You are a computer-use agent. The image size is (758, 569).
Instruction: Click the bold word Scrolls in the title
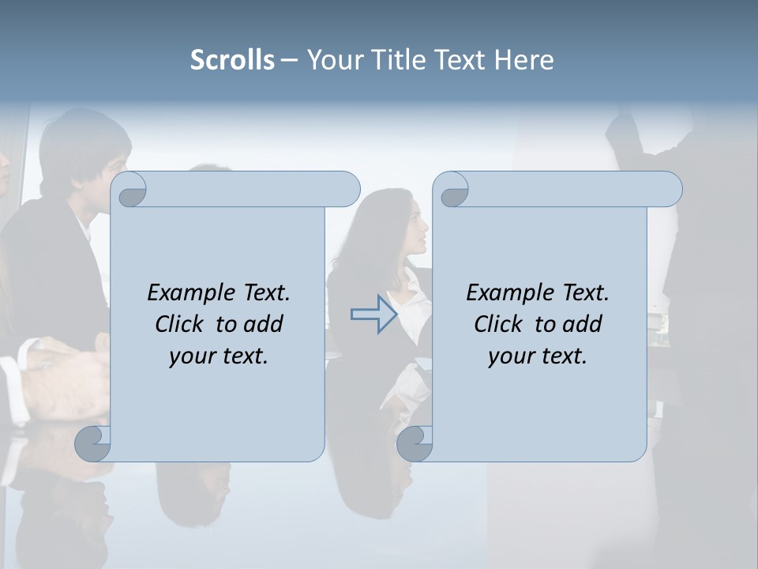point(232,60)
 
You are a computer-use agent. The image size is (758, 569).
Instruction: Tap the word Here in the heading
point(524,60)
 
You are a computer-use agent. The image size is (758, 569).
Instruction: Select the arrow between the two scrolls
point(374,315)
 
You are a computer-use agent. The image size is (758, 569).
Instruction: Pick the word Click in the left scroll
point(179,324)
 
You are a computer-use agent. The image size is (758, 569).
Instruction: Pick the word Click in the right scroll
point(498,324)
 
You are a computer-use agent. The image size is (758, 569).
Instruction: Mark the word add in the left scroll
point(265,324)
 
